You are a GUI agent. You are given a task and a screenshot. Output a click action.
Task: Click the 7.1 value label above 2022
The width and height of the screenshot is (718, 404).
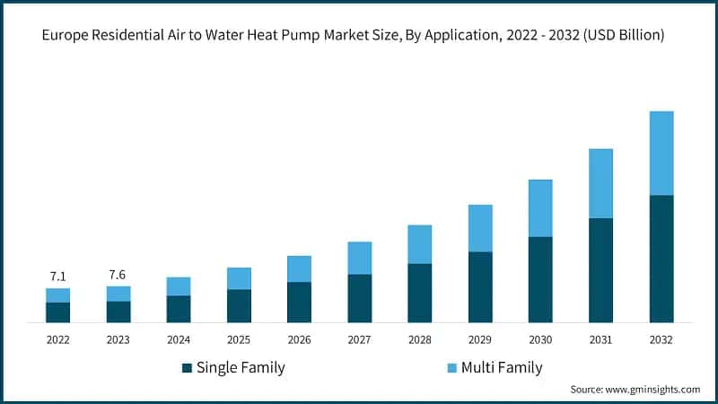tap(57, 276)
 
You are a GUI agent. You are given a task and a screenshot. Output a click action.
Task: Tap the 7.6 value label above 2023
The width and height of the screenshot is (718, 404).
tap(118, 274)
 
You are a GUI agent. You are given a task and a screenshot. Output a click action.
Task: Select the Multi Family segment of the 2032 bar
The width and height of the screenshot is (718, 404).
tap(661, 153)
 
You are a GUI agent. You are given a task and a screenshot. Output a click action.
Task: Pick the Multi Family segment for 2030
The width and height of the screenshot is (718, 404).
tap(540, 208)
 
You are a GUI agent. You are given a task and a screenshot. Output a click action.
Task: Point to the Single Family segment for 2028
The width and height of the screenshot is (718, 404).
tap(420, 293)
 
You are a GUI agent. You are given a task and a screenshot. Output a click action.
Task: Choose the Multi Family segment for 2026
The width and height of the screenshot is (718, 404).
tap(299, 268)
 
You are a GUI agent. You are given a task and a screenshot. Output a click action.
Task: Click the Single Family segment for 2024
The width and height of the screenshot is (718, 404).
tap(179, 309)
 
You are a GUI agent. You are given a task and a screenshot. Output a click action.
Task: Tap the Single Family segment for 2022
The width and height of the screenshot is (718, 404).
tap(57, 312)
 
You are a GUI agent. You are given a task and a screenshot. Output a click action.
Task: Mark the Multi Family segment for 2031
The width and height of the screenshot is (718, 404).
tap(600, 183)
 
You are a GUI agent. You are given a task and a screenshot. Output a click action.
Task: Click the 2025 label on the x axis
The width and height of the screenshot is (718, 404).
tap(239, 340)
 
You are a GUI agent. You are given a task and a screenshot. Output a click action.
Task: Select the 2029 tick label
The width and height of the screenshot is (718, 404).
tap(480, 340)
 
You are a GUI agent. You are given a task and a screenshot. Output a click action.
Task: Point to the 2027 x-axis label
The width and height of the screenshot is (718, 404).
tap(359, 340)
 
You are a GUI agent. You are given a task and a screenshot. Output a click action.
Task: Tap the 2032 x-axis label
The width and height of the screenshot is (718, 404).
tap(661, 340)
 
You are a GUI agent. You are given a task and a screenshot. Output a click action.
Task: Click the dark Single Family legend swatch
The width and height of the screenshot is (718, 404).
tap(187, 368)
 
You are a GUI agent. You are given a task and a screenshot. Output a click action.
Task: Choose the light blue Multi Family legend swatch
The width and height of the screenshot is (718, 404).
tap(451, 368)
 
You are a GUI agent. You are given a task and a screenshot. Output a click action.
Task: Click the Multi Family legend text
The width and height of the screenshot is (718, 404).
tap(502, 367)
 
